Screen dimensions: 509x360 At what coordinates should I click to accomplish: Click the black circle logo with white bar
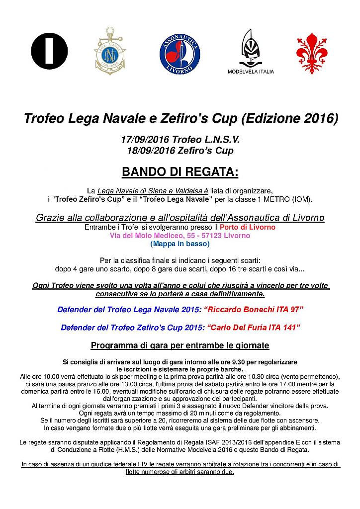click(49, 51)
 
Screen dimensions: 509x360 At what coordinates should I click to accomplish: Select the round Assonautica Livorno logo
click(180, 52)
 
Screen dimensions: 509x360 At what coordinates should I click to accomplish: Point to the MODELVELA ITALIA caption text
click(251, 71)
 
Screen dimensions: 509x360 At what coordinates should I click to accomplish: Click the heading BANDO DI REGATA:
click(180, 172)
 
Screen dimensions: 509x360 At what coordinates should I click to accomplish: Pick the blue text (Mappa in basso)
click(180, 244)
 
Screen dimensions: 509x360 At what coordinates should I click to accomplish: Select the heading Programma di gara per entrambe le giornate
click(180, 345)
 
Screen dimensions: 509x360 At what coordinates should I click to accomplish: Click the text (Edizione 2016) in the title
click(289, 119)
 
